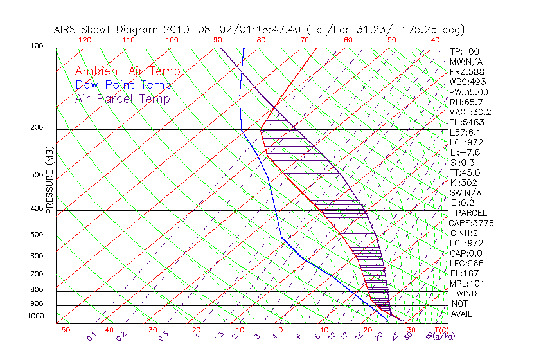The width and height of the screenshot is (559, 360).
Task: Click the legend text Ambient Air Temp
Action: click(128, 71)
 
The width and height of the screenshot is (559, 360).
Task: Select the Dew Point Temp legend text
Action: click(123, 85)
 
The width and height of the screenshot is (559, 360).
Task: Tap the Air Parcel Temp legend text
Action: click(123, 98)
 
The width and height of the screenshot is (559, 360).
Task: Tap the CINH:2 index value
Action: click(463, 233)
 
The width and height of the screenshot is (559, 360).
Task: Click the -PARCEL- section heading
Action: click(471, 213)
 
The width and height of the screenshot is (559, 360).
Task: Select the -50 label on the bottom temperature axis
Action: click(62, 330)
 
